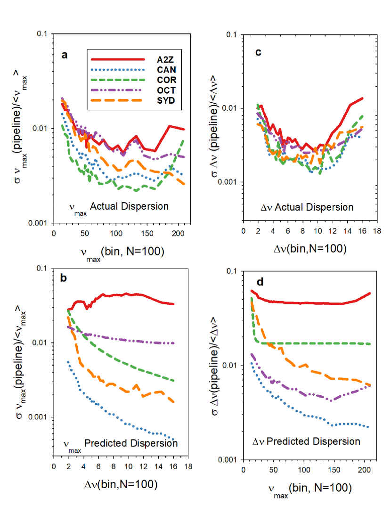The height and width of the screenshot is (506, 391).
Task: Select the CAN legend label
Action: (x=166, y=69)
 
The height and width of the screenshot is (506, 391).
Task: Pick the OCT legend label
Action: (x=165, y=90)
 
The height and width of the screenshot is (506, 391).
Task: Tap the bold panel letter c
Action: (x=258, y=52)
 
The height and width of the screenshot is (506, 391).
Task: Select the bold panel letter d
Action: (x=258, y=283)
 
